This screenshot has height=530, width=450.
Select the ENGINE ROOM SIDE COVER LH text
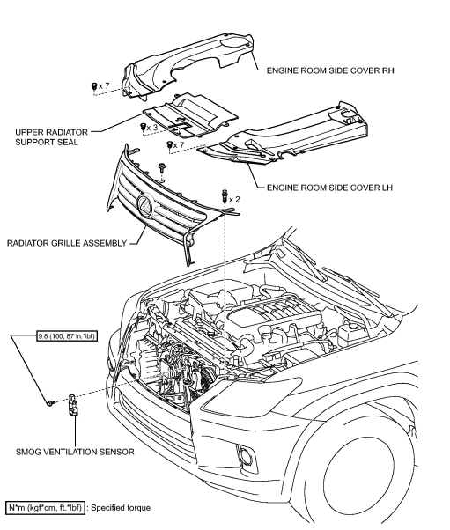pyautogui.click(x=325, y=188)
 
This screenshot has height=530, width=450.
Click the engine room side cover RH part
pyautogui.click(x=185, y=66)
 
